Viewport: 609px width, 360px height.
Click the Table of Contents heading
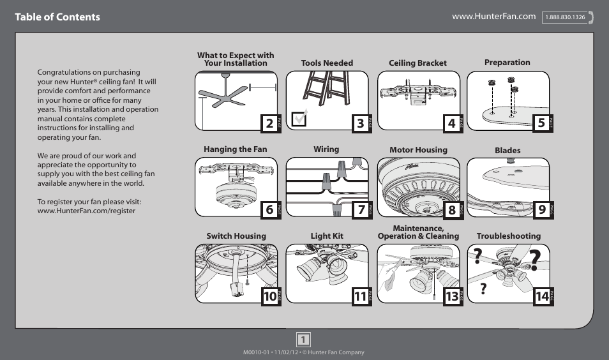(x=57, y=17)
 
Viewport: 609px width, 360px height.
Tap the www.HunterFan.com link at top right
(x=493, y=17)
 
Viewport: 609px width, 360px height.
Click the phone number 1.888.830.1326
(x=565, y=18)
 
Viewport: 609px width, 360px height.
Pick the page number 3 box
(x=360, y=124)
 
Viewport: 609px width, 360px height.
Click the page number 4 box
(x=451, y=124)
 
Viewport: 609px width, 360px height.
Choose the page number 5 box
(x=541, y=124)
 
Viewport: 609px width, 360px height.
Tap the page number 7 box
(x=360, y=209)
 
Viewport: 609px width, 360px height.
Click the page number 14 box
(x=541, y=296)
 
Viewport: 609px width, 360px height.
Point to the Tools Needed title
(x=327, y=63)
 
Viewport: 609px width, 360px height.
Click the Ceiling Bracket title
(x=417, y=63)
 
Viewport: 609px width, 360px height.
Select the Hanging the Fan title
(x=235, y=149)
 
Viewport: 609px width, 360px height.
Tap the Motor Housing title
(x=418, y=150)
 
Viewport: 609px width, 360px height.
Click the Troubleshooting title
(x=508, y=236)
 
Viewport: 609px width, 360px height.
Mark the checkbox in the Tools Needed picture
(x=298, y=119)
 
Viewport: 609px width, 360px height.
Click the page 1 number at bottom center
(x=304, y=339)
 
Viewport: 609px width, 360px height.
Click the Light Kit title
(x=327, y=236)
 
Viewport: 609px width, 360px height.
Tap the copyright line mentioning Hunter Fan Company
(x=304, y=353)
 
